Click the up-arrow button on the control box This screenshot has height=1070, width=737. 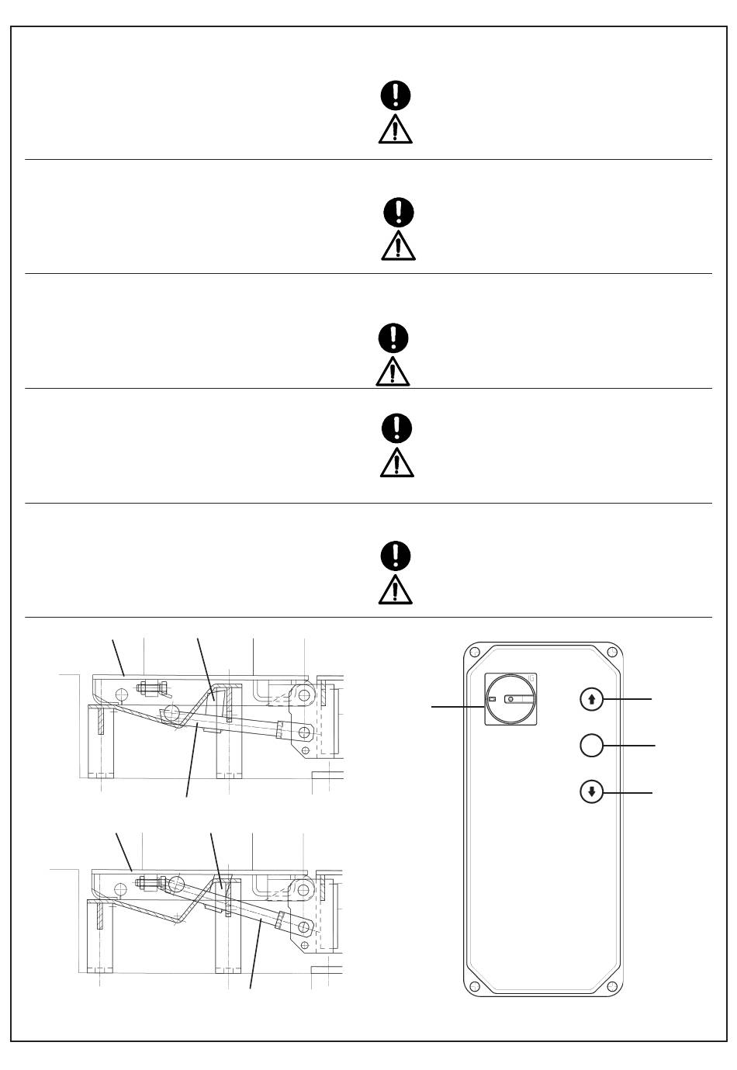pos(592,699)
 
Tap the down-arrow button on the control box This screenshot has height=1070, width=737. pos(592,793)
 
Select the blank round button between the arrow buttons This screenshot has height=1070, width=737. pos(591,746)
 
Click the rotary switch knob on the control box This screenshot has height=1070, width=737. pos(510,699)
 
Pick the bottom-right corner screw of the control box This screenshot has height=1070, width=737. pos(612,986)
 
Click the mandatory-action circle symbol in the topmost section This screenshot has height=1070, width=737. pos(396,95)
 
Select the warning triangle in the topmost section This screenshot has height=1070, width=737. pos(396,130)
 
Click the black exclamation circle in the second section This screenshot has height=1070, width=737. pos(399,211)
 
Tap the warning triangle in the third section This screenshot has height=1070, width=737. pos(393,372)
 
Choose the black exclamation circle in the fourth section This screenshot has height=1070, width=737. pos(397,427)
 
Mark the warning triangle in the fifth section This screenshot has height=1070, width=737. pos(396,590)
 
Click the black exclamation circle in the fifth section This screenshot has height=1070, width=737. pos(396,556)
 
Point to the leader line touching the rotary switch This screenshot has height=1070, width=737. pos(458,706)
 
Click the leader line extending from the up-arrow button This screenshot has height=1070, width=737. pos(628,699)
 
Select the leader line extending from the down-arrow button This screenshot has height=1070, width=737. pos(628,793)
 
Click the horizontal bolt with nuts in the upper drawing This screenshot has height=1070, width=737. pos(151,687)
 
